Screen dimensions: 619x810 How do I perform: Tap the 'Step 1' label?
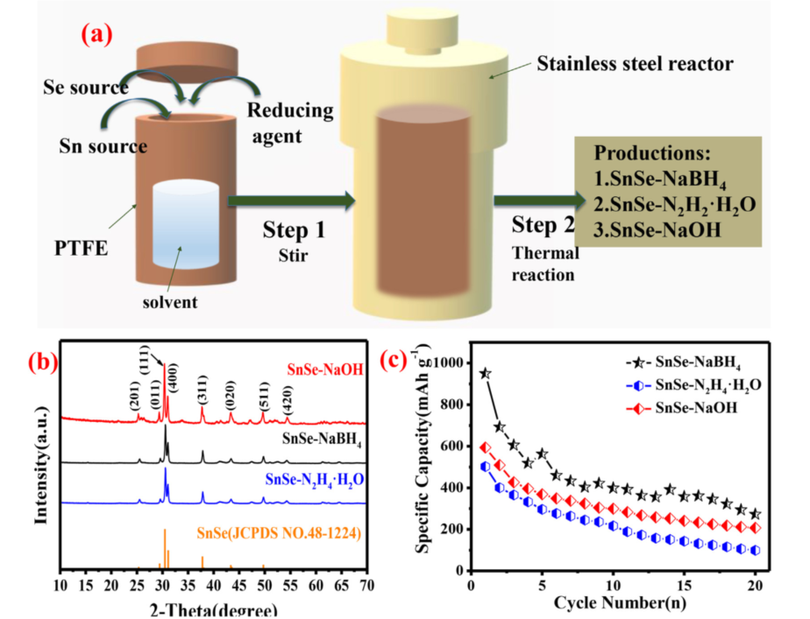click(x=294, y=231)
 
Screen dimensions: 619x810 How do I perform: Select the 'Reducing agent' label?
click(x=290, y=123)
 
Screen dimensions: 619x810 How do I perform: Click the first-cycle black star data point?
click(x=485, y=374)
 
